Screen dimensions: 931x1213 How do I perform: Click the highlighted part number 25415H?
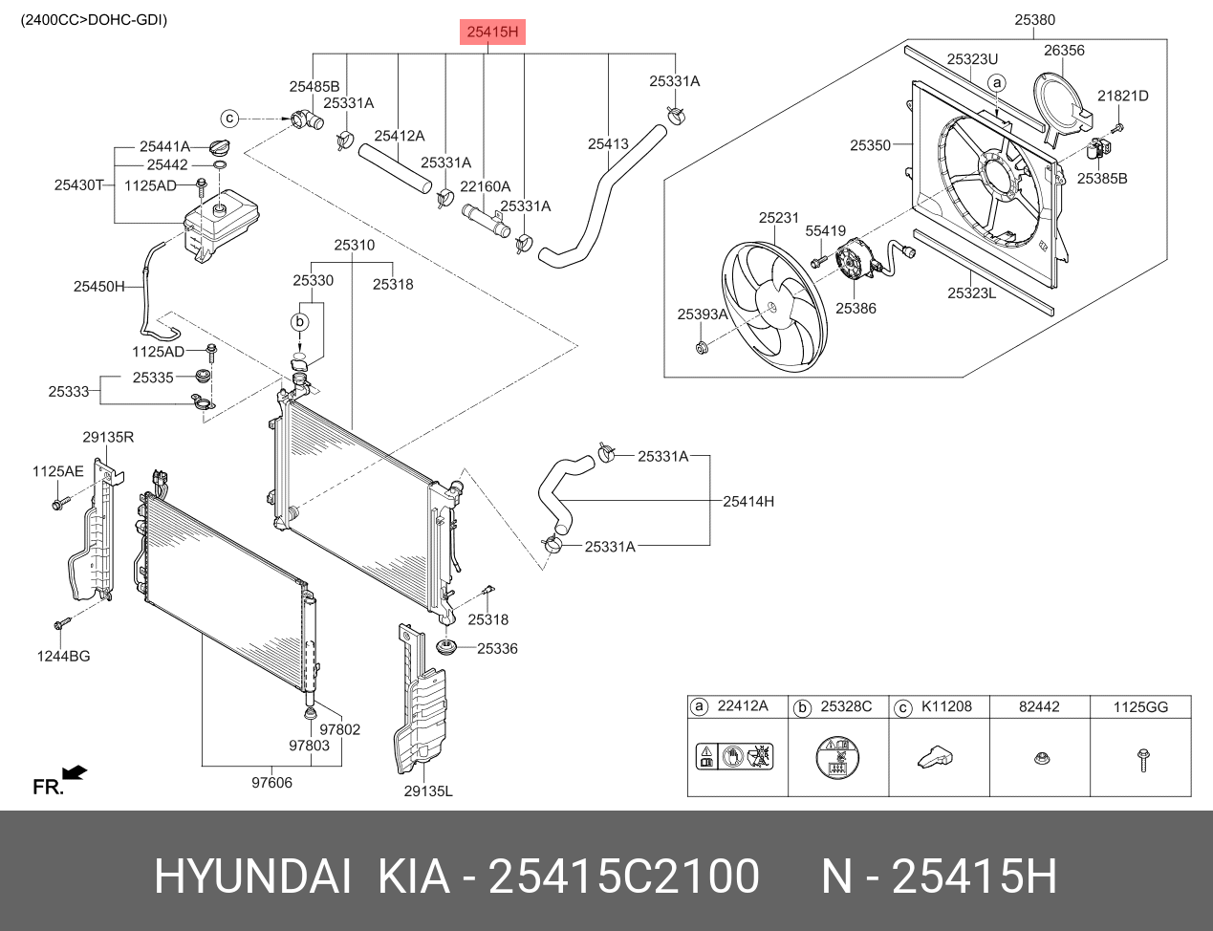coord(493,32)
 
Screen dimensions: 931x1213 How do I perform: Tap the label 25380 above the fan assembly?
coord(1034,19)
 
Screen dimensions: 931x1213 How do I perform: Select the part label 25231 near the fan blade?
coord(779,218)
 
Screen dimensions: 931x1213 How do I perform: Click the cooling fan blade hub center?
coord(771,306)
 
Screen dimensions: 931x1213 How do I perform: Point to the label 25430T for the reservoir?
coord(78,185)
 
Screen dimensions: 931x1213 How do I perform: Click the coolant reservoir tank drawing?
coord(221,226)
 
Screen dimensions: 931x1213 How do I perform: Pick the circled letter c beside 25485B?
coord(229,119)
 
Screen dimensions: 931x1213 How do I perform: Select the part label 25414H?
coord(748,501)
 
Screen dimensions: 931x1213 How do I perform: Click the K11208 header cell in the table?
coord(946,706)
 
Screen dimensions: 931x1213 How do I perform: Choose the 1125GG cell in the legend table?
coord(1140,706)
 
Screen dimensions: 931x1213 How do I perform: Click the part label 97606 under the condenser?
coord(271,783)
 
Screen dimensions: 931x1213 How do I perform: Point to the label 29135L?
coord(427,790)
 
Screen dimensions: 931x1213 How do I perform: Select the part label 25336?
coord(497,648)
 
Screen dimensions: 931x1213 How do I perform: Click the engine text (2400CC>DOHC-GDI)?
coord(94,19)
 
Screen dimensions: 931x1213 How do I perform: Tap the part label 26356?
coord(1064,51)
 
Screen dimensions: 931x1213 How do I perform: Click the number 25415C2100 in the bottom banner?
coord(623,877)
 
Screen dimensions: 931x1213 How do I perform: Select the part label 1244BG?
coord(64,656)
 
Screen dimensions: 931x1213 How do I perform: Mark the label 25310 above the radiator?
coord(354,245)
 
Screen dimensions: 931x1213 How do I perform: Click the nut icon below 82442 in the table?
coord(1039,758)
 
